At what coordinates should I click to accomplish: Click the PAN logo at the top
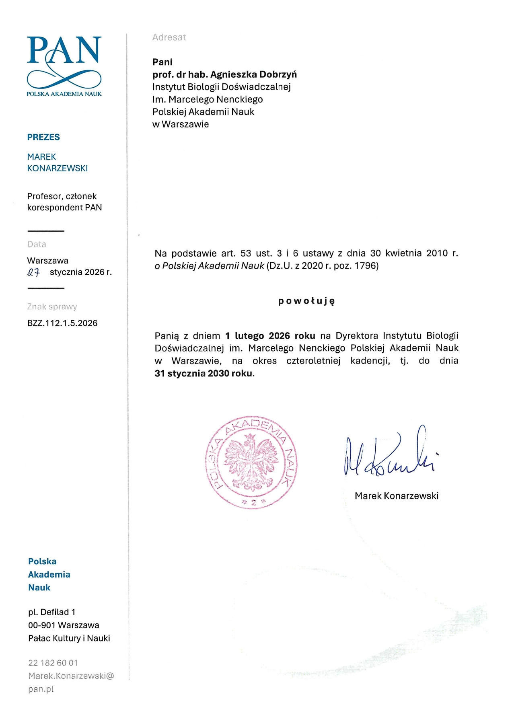[64, 64]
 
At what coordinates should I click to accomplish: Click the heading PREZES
[43, 137]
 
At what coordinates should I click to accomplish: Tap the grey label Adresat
[169, 37]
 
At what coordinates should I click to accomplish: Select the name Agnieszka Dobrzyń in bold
[253, 74]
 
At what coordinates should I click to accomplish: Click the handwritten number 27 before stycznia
[34, 273]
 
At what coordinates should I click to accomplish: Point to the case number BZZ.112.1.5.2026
[62, 323]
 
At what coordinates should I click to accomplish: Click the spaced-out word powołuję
[306, 301]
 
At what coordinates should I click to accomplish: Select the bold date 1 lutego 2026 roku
[270, 336]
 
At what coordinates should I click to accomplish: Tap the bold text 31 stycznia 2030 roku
[204, 373]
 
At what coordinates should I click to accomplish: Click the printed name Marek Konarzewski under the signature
[397, 496]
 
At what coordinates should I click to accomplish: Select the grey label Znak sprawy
[52, 307]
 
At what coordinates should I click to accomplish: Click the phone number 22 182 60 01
[53, 663]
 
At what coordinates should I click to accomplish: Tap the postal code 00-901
[42, 625]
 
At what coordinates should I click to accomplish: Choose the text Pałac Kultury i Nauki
[69, 638]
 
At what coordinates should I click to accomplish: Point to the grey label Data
[37, 245]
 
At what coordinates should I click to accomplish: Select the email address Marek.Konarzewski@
[71, 676]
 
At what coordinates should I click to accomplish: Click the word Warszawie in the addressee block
[185, 124]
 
